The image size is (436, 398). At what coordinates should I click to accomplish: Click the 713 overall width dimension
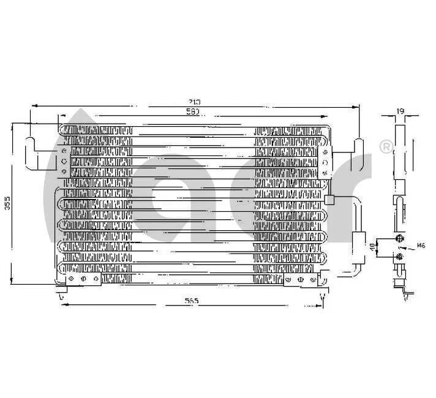(194, 102)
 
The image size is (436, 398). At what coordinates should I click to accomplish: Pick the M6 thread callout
(421, 246)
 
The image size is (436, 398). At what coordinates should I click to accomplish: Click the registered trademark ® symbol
(386, 147)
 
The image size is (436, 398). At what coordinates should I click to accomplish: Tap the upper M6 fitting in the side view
(399, 239)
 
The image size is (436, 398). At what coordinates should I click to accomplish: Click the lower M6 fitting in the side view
(399, 255)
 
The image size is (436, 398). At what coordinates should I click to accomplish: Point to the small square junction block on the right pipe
(329, 199)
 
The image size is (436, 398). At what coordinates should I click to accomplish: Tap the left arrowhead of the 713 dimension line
(34, 107)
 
